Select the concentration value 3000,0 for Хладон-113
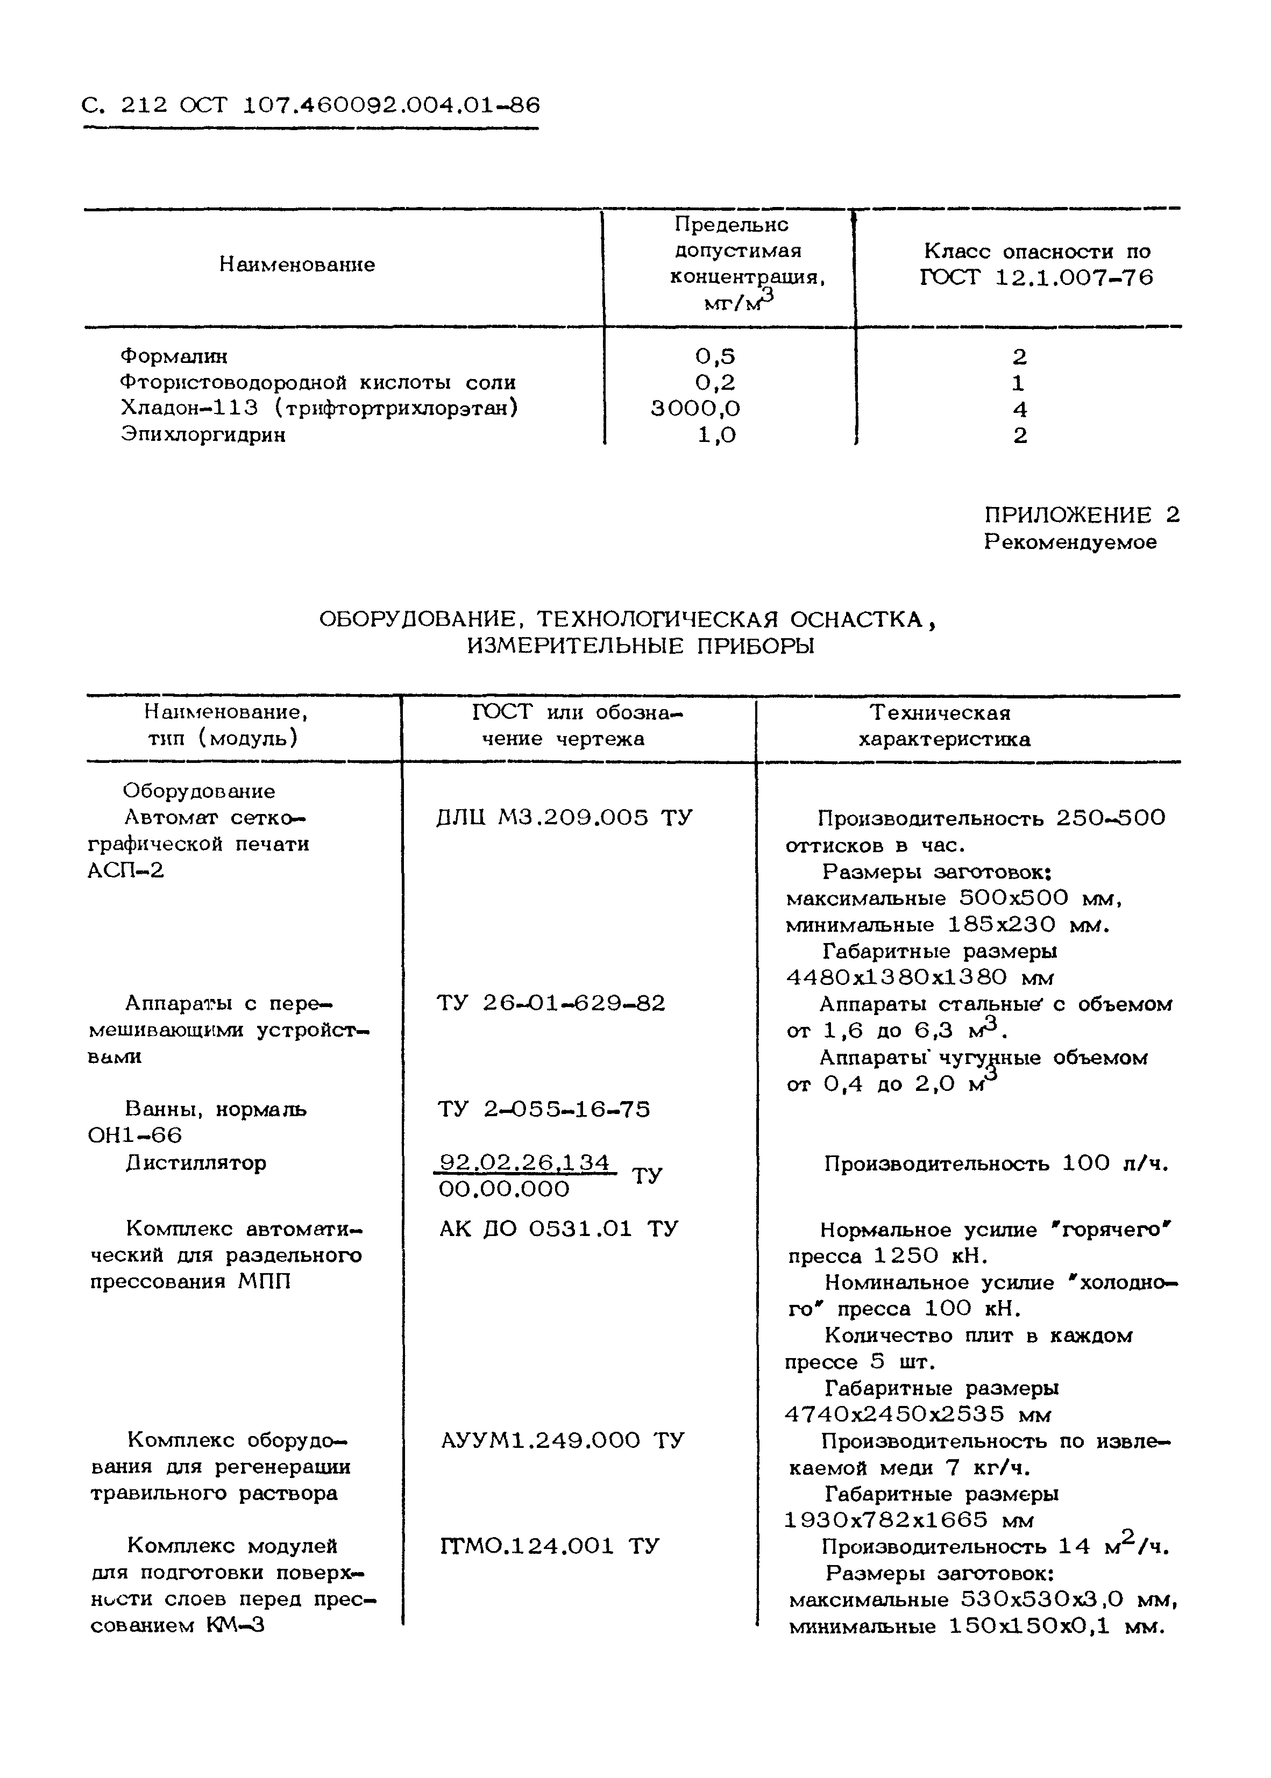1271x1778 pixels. pyautogui.click(x=695, y=408)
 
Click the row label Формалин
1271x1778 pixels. pyautogui.click(x=174, y=356)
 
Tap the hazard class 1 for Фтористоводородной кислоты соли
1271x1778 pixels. pyautogui.click(x=1018, y=382)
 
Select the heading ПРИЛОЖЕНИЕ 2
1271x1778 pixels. pyautogui.click(x=1081, y=515)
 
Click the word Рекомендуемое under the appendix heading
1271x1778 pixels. pyautogui.click(x=1070, y=541)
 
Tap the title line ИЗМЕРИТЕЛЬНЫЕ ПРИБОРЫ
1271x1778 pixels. pyautogui.click(x=640, y=646)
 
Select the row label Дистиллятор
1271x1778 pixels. pyautogui.click(x=196, y=1163)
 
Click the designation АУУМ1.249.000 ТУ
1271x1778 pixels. pyautogui.click(x=562, y=1440)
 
